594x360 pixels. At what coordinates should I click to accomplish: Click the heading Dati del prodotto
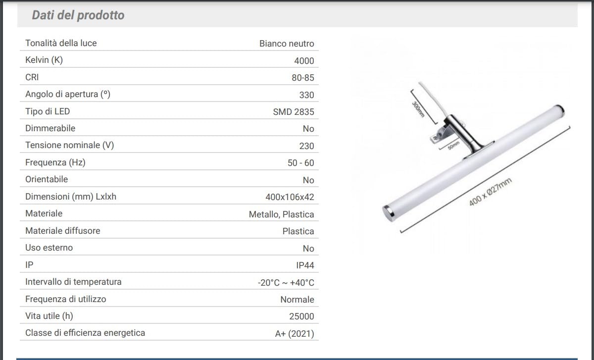tap(78, 15)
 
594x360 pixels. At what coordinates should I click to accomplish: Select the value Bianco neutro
tap(287, 44)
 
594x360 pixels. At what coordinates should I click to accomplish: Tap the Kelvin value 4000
tap(304, 61)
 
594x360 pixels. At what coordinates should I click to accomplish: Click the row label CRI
tap(32, 77)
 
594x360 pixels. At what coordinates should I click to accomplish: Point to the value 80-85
tap(302, 78)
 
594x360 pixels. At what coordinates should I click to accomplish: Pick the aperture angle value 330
tap(306, 95)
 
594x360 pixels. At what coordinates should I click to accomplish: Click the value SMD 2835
tap(293, 112)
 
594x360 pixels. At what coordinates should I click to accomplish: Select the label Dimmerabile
tap(50, 128)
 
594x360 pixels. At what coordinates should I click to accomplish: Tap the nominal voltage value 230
tap(306, 146)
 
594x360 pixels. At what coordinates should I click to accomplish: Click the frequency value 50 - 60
tap(301, 163)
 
